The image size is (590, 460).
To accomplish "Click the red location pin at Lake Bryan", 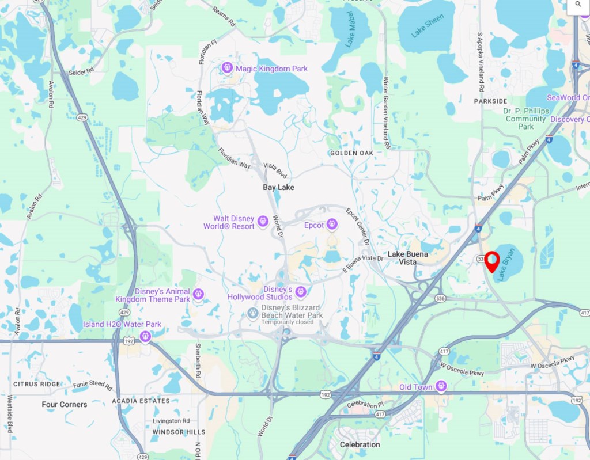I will point(492,261).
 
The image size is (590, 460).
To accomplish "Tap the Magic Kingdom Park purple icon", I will point(228,68).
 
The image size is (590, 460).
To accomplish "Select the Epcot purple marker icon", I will point(332,225).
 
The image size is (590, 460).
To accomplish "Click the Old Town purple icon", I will point(441,386).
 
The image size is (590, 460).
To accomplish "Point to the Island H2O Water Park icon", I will point(145,336).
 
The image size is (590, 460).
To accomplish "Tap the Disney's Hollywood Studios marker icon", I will point(300,292).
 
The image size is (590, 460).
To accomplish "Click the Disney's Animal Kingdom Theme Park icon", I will point(198,295).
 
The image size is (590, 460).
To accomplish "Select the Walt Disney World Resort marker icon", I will point(263,221).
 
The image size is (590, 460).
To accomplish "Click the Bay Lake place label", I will point(278,188).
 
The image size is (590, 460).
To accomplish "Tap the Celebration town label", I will point(360,444).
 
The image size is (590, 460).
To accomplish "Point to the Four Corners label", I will point(65,405).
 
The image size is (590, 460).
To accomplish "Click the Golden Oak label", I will point(351,153).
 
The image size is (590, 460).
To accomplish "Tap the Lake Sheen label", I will point(428,26).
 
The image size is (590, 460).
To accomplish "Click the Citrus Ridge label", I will point(36,384).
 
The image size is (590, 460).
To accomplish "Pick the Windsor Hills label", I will point(179,432).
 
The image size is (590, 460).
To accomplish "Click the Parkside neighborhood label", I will point(490,101).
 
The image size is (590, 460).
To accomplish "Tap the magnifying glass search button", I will point(578,4).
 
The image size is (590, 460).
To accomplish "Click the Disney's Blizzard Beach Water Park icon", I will point(252,313).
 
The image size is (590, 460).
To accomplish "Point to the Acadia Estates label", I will point(141,401).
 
